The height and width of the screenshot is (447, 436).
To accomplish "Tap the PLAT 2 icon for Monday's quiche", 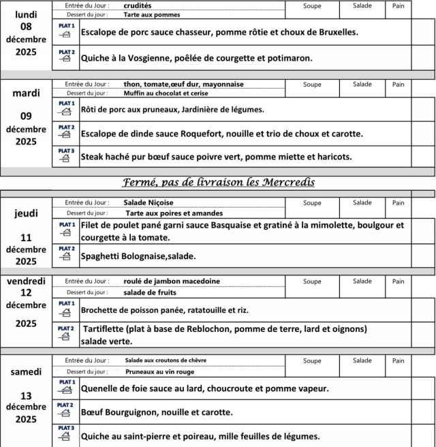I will pos(65,55).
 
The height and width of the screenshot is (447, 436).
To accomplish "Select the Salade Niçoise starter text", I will pos(149,202).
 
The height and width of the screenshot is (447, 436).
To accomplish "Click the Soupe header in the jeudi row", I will pos(312,203).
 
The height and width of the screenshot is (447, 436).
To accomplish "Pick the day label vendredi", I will pos(26,281).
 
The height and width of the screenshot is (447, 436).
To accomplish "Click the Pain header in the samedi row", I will pos(399,361).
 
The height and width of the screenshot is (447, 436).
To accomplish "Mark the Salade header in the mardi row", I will pos(362,85).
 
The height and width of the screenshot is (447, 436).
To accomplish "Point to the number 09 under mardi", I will pos(26,117).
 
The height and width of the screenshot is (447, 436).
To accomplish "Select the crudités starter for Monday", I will pos(138,5).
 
